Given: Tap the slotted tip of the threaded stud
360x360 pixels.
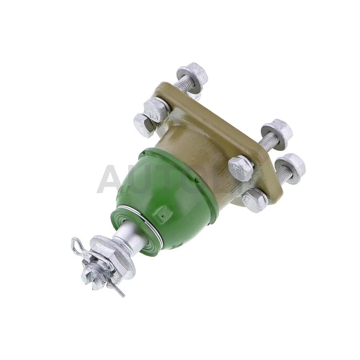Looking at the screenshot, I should pos(87,276).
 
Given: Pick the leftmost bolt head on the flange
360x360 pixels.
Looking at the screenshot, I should pos(144,124).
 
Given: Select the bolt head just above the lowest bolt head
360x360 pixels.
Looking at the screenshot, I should pos(240,168).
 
